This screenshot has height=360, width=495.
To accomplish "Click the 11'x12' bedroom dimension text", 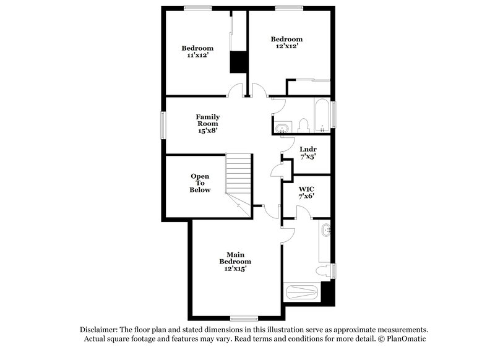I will point(197,56).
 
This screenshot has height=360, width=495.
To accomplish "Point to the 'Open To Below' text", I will point(200,183).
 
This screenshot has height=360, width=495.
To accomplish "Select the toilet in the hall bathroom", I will point(303,126).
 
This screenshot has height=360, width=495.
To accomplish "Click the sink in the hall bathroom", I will point(282,128).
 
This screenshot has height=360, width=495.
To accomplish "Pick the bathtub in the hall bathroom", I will point(322,116).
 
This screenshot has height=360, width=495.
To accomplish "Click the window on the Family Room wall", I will point(164,125).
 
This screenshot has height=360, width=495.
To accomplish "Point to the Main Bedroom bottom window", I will point(244,318).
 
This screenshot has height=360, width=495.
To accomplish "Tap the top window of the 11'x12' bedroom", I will point(197,8).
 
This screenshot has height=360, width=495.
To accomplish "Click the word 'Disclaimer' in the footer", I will point(99,330).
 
